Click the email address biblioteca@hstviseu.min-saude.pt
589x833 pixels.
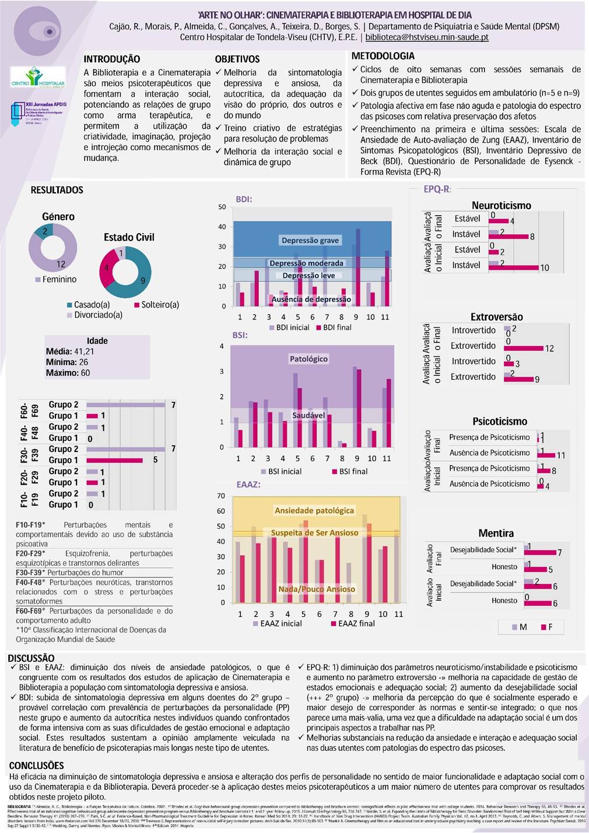[427, 37]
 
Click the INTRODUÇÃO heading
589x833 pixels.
[112, 59]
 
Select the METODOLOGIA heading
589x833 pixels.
[383, 56]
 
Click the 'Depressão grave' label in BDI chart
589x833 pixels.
[310, 240]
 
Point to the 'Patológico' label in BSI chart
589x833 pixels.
[308, 359]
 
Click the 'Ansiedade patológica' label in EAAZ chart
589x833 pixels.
[314, 510]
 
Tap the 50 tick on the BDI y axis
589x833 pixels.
[222, 207]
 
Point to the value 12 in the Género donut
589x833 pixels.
[61, 264]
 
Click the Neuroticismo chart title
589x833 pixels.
[501, 205]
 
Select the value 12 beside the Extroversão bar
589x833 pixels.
[549, 348]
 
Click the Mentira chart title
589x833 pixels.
[496, 533]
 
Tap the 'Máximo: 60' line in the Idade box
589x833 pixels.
[68, 373]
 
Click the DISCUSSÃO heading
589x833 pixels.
[31, 658]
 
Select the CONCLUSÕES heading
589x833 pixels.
[36, 765]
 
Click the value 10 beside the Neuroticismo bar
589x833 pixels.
[544, 268]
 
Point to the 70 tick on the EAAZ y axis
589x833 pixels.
[221, 496]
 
